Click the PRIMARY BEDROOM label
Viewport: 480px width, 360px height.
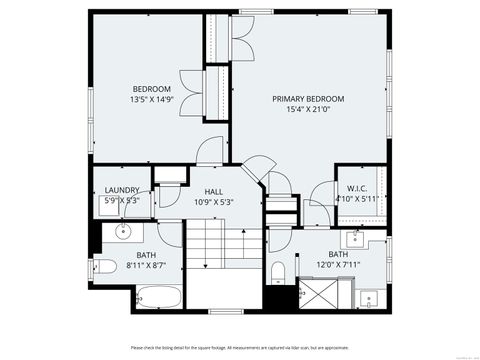pyautogui.click(x=309, y=99)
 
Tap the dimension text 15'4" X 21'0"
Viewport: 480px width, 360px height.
pyautogui.click(x=309, y=110)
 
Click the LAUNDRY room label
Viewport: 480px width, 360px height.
pyautogui.click(x=121, y=190)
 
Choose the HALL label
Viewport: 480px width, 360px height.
pyautogui.click(x=213, y=191)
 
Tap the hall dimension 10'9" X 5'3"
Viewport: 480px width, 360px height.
pyautogui.click(x=213, y=202)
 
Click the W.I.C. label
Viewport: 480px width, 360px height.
pyautogui.click(x=358, y=188)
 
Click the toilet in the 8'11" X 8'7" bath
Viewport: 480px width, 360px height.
pyautogui.click(x=103, y=266)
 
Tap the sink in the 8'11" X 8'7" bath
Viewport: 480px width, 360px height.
pyautogui.click(x=123, y=233)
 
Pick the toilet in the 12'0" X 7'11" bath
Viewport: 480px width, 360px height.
pyautogui.click(x=279, y=271)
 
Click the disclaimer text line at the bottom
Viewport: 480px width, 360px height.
pyautogui.click(x=239, y=347)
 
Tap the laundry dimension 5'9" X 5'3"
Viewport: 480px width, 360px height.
pyautogui.click(x=121, y=201)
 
